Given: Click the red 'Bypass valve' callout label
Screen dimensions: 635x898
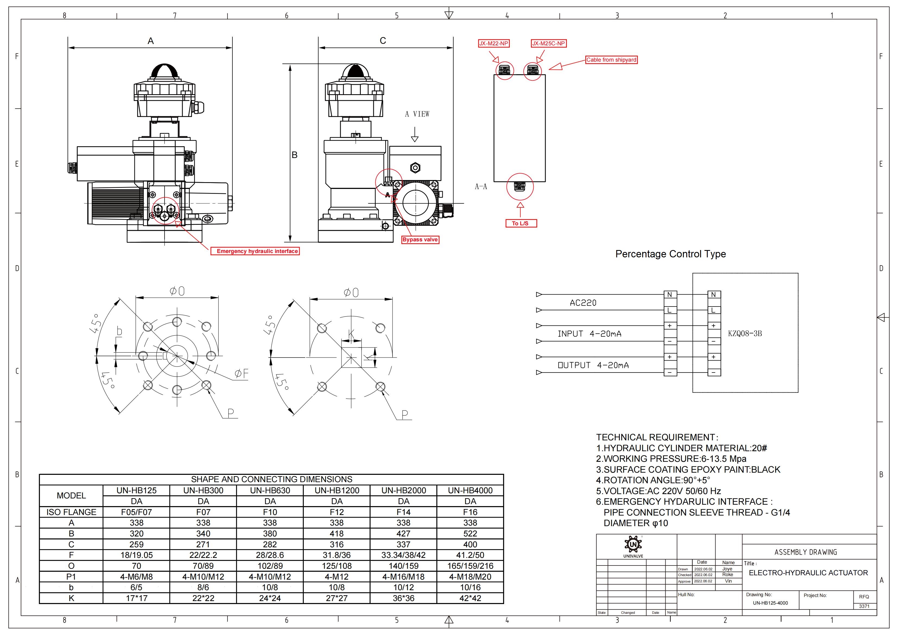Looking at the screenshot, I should coord(420,239).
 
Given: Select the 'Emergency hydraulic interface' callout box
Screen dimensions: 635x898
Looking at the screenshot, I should coord(257,251).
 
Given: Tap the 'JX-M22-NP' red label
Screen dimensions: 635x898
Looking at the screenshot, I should coord(494,43).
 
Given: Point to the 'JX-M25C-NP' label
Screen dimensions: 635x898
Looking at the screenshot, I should coord(548,43).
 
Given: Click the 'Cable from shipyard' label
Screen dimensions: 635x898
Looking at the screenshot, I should coord(611,60).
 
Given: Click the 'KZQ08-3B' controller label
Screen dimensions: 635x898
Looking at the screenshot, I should coord(745,334).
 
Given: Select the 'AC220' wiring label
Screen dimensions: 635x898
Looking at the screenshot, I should coord(583,303).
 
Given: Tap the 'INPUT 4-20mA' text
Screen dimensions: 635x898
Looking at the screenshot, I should coord(589,334).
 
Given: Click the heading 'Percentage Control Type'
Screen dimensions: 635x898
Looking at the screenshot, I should coord(670,254).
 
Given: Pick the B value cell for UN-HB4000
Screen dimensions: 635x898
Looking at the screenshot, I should coord(470,534).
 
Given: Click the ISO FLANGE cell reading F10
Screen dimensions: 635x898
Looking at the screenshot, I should coord(270,512).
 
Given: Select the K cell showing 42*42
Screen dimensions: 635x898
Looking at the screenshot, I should coord(470,598).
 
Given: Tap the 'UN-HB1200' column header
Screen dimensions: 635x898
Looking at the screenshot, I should coord(336,491).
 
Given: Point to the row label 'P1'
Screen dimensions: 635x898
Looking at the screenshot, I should coord(71,577).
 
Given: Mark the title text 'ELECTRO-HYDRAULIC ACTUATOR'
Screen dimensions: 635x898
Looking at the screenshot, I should coord(808,573).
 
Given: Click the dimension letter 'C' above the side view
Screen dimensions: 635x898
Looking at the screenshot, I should coord(383,41).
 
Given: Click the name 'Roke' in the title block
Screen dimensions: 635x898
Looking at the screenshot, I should coord(728,575).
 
